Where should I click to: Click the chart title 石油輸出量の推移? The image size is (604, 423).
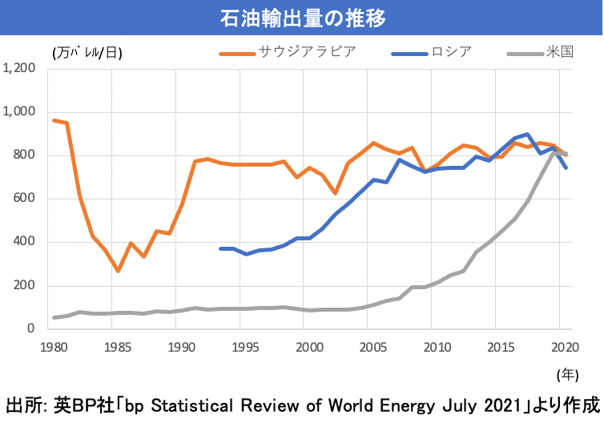[301, 16]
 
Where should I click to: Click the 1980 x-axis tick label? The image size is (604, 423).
[53, 348]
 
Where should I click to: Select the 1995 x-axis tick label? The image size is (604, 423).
[244, 348]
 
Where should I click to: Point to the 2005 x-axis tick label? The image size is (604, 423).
[372, 348]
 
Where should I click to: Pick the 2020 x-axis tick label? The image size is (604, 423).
[564, 348]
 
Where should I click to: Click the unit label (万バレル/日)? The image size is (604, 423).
[88, 53]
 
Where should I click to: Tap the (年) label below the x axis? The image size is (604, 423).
[567, 374]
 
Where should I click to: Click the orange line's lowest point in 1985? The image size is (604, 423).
[118, 271]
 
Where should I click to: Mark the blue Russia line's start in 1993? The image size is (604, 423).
[220, 248]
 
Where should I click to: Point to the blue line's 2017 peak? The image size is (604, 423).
[526, 135]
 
